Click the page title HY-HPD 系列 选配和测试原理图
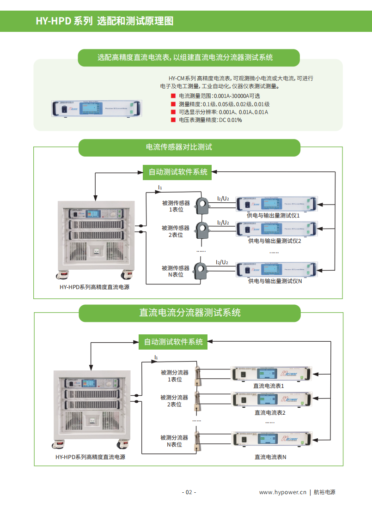coord(104,21)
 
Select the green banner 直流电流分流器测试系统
coord(190,313)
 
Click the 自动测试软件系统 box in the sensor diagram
coord(178,172)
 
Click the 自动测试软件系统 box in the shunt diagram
coord(173,342)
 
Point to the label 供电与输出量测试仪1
coord(274,215)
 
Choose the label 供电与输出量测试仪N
coord(275,281)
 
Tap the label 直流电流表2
coord(270,412)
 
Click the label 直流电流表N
coord(270,457)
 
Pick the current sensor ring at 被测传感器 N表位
coord(201,270)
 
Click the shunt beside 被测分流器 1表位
coord(198,375)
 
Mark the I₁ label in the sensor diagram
coord(160,187)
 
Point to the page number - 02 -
coord(189,492)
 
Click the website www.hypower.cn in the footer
coord(283,492)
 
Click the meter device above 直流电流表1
coord(271,374)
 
